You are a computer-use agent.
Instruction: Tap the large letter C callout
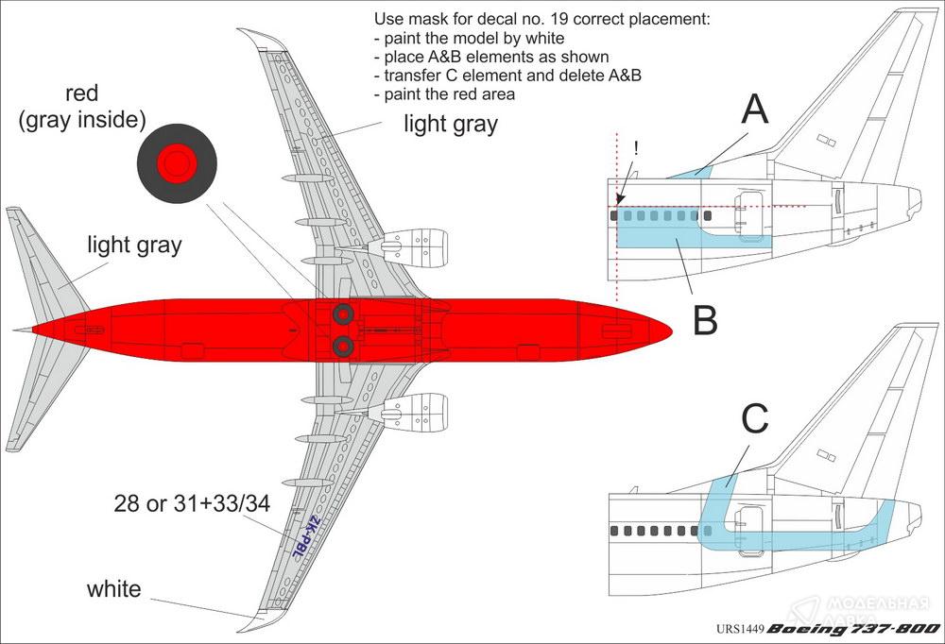[x=754, y=419]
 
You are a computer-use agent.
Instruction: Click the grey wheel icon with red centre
[x=177, y=165]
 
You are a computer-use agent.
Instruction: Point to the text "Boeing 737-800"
[x=852, y=629]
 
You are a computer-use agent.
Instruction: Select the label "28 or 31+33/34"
[x=192, y=504]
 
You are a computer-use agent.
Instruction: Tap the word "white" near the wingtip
[x=113, y=589]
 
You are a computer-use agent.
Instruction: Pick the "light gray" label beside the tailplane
[x=134, y=246]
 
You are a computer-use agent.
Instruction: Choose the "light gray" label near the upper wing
[x=451, y=124]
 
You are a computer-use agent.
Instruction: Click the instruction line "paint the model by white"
[x=470, y=39]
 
